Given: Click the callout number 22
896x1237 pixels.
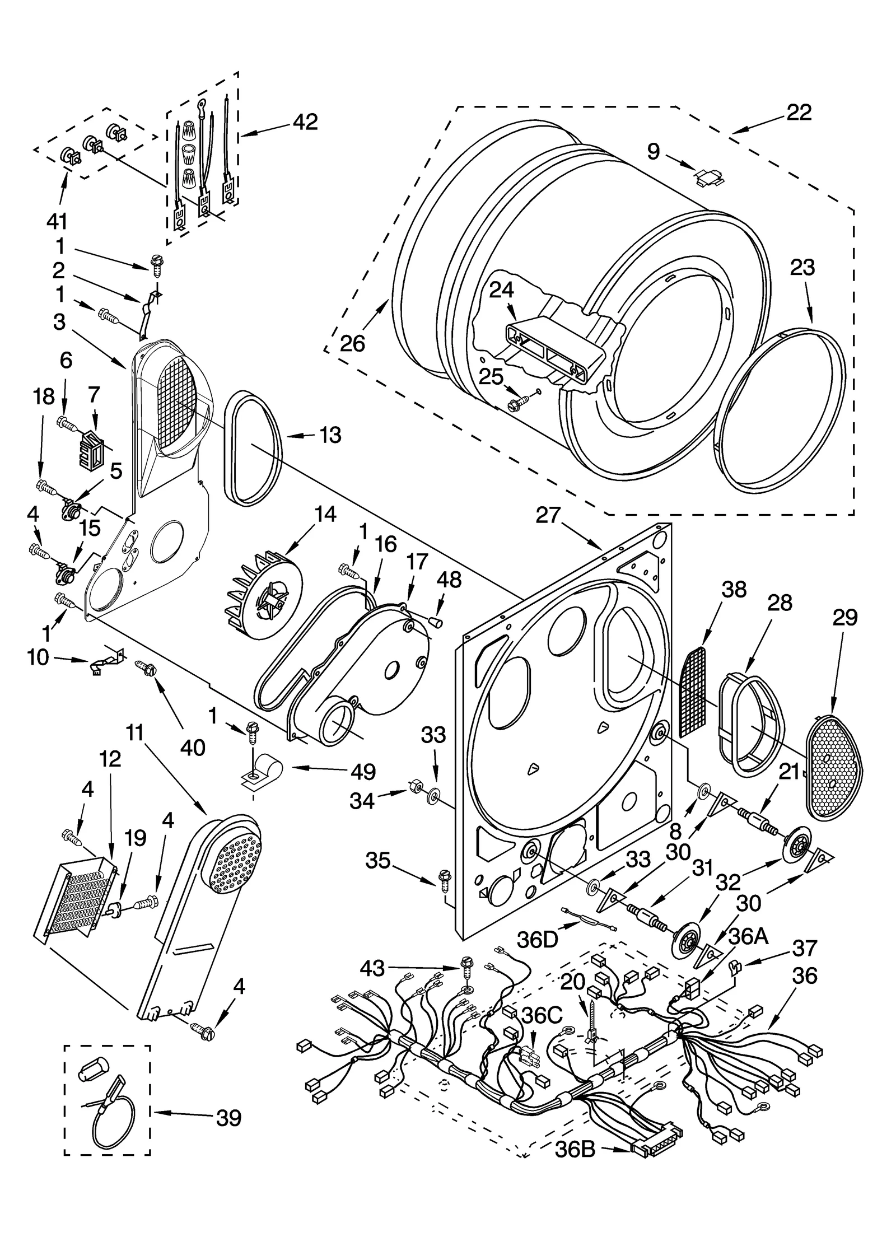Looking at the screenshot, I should coord(799,113).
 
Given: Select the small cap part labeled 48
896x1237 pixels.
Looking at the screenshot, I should coord(436,622).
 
